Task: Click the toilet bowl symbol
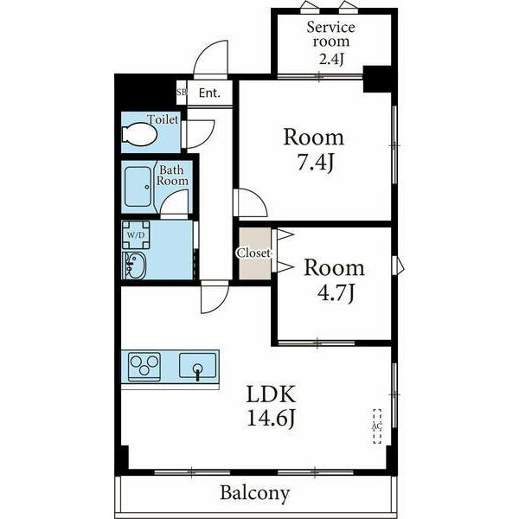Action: point(139,134)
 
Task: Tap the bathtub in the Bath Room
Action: point(138,187)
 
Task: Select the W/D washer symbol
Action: point(136,235)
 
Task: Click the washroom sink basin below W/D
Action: point(134,266)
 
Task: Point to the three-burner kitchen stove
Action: point(144,367)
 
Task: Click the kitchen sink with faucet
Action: point(197,366)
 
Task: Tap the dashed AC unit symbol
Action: point(377,426)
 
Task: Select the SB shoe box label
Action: point(182,92)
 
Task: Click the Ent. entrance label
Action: point(209,93)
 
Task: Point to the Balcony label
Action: point(255,493)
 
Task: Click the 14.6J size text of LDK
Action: point(271,419)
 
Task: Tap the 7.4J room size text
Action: point(315,163)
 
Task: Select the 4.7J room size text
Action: point(336,292)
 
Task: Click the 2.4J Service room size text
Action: point(331,59)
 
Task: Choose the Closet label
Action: point(254,253)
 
